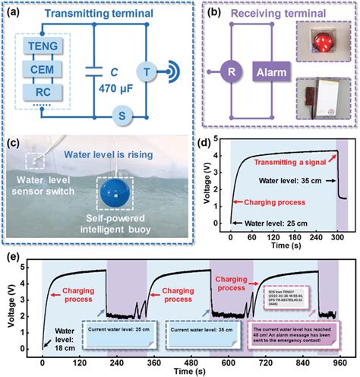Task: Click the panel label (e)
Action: coord(11,249)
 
